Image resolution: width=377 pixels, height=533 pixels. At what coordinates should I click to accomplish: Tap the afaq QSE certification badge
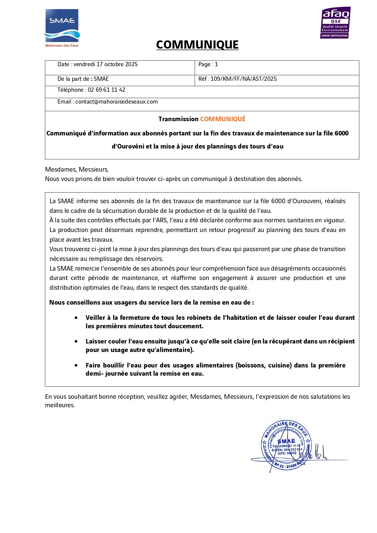pos(335,23)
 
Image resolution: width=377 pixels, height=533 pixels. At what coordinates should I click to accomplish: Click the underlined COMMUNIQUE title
pos(197,45)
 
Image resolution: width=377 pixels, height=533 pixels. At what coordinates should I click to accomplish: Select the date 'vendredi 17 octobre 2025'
pos(105,64)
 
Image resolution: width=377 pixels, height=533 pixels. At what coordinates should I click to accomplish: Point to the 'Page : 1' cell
pos(208,64)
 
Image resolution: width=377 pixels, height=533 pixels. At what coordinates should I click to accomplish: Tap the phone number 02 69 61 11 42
pos(106,90)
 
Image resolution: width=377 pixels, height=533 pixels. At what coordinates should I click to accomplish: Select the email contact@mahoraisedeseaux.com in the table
pos(116,102)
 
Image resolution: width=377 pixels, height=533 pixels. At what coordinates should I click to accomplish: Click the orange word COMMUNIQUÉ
pos(223,119)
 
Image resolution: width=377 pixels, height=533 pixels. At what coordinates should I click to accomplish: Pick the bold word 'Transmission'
pos(178,119)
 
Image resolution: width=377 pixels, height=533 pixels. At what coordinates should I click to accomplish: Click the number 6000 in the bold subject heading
pos(341,133)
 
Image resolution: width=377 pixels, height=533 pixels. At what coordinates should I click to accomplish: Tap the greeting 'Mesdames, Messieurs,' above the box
pos(77,169)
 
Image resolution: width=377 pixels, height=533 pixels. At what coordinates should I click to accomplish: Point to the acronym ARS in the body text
pos(162,220)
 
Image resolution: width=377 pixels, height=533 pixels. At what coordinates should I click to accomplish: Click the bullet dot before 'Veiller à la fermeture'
pos(76,318)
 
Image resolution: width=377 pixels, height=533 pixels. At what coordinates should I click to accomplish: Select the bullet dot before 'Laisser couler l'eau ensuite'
pos(76,341)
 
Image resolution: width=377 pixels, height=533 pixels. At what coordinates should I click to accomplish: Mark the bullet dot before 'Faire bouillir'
pos(76,365)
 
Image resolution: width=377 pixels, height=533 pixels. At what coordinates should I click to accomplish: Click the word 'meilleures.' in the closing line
pos(60,405)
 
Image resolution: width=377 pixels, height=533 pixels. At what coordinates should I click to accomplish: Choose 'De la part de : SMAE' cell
pos(83,79)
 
